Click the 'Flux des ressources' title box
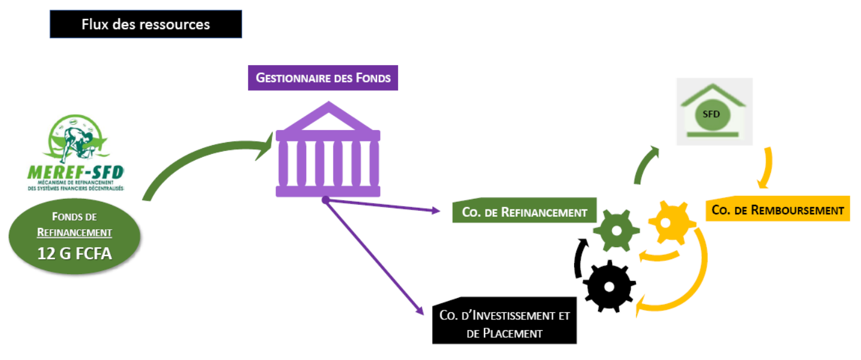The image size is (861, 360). pos(146,24)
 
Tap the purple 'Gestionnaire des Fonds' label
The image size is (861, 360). pos(323,78)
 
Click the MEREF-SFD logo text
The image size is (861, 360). pos(75,173)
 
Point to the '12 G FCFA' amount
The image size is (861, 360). pos(75,253)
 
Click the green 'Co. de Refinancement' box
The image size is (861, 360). pos(524,211)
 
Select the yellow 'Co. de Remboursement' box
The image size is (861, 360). pos(777,210)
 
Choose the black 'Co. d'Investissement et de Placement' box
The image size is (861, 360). pos(504,324)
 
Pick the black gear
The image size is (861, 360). pos(609,286)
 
